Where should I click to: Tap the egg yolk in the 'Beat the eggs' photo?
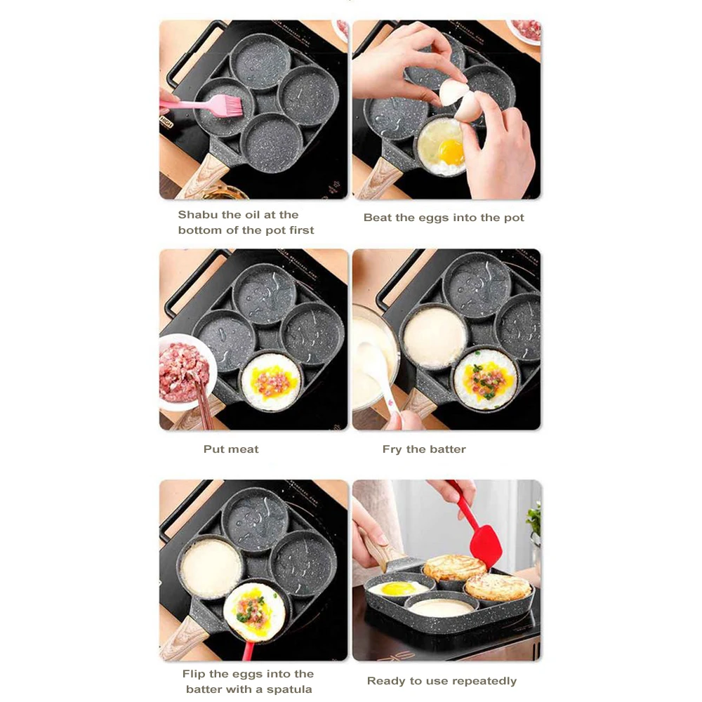pos(451,152)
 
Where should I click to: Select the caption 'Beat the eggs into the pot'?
pos(444,218)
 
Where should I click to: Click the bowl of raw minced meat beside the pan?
pos(185,372)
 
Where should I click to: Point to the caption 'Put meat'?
pos(231,449)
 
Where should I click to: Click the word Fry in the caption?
pos(392,449)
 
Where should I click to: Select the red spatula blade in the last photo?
pos(484,545)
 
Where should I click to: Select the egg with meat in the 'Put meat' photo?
pos(271,381)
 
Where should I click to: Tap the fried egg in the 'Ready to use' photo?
pos(397,588)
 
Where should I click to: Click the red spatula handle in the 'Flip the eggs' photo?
pos(248,650)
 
